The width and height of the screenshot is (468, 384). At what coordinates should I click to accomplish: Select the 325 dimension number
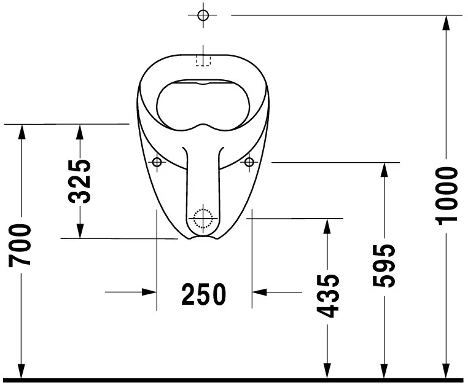[80, 181]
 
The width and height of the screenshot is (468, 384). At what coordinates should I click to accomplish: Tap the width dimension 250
[204, 295]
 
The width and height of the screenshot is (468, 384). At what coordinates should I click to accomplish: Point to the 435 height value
[329, 296]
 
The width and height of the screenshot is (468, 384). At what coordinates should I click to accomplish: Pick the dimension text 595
[385, 265]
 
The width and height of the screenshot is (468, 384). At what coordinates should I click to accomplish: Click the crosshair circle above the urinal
[204, 15]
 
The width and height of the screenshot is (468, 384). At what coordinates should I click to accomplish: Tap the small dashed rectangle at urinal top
[203, 60]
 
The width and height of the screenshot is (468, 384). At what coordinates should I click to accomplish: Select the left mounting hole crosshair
[157, 162]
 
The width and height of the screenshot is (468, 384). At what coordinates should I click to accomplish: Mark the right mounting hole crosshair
[249, 162]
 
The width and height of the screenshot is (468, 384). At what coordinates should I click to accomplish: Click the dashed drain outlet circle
[202, 217]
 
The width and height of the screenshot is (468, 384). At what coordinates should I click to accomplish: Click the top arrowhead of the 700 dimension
[21, 131]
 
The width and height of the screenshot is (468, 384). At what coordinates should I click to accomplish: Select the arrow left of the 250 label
[149, 292]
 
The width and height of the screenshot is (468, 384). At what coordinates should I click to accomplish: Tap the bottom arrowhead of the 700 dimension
[21, 371]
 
